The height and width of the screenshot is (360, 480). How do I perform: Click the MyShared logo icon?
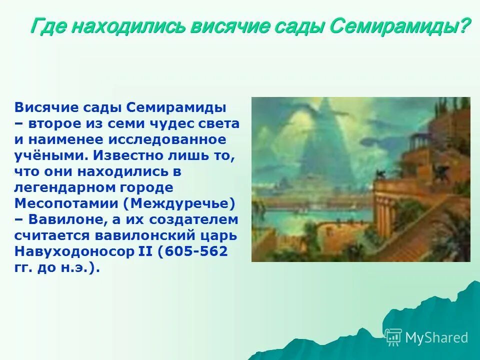click(393, 337)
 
